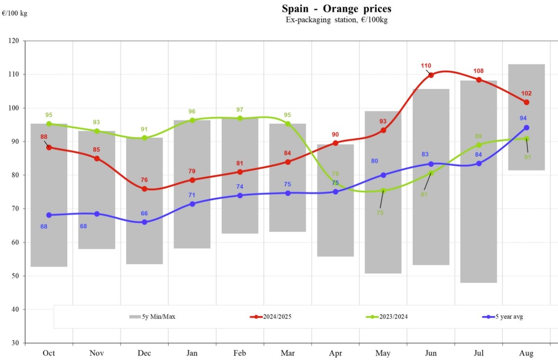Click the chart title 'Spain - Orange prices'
tap(337, 8)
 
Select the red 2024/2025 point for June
tap(431, 75)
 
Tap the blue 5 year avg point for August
tap(526, 127)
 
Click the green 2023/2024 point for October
tap(49, 124)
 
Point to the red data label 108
tap(478, 71)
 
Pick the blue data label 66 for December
tap(144, 213)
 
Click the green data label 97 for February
tap(240, 110)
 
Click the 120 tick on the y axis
tap(13, 41)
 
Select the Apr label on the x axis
tap(335, 353)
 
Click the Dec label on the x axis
tap(144, 353)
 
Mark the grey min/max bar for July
tap(478, 181)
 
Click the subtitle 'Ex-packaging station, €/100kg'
tap(337, 20)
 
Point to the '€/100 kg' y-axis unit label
tap(14, 13)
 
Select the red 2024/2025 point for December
tap(144, 189)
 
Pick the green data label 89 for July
tap(478, 136)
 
